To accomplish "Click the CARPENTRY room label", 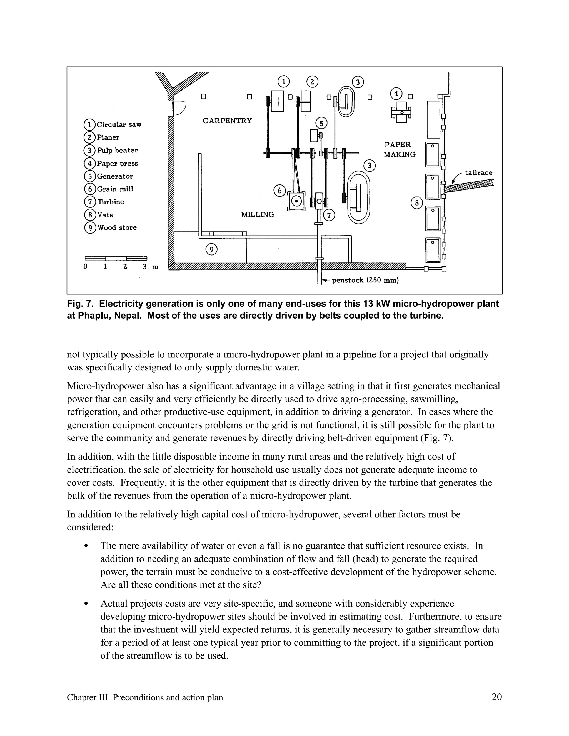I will tap(227, 121).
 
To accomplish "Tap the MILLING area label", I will tap(258, 214).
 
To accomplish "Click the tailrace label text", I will tap(478, 173).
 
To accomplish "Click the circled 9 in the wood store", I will tap(211, 250).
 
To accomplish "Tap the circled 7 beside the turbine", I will tap(329, 215).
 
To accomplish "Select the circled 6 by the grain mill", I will tap(279, 191).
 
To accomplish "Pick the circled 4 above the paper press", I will tap(396, 93).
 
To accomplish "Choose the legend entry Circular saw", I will tap(113, 125).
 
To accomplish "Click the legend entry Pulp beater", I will tap(111, 150).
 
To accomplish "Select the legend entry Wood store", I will tap(111, 228).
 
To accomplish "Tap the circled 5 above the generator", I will tap(321, 123).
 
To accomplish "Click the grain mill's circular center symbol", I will tap(296, 202).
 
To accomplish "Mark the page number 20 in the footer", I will tap(496, 697).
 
